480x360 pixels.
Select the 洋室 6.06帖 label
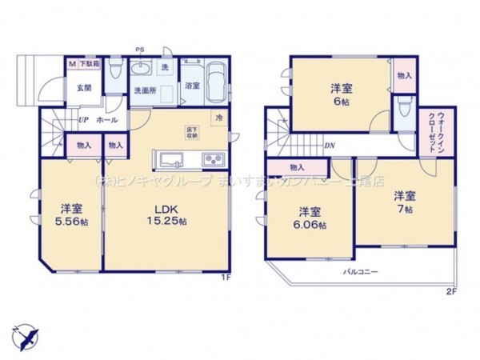pyautogui.click(x=312, y=218)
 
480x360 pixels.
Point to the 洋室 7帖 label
pyautogui.click(x=404, y=202)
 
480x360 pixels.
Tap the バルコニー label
pyautogui.click(x=362, y=272)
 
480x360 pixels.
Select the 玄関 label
pyautogui.click(x=82, y=90)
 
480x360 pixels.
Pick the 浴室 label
pyautogui.click(x=191, y=85)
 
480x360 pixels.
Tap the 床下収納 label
pyautogui.click(x=193, y=133)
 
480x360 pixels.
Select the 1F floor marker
pyautogui.click(x=226, y=279)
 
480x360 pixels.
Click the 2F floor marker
pyautogui.click(x=450, y=291)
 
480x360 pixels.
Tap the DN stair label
pyautogui.click(x=328, y=145)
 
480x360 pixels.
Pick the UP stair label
pyautogui.click(x=82, y=121)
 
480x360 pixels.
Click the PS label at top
pyautogui.click(x=140, y=49)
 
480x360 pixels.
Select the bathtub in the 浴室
pyautogui.click(x=215, y=83)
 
